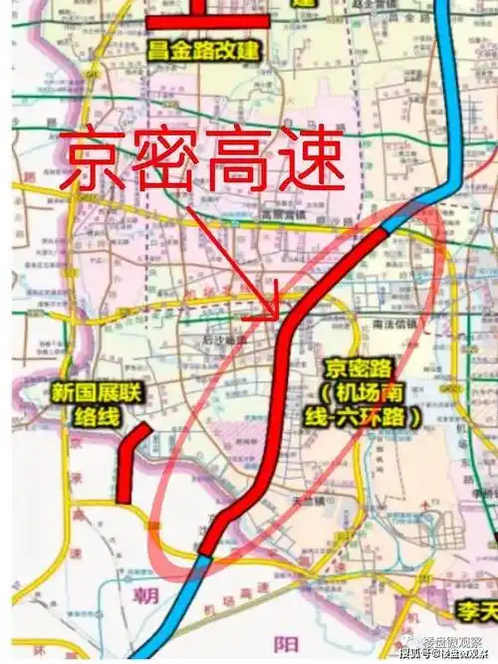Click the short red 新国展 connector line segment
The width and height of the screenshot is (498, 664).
[x=129, y=464]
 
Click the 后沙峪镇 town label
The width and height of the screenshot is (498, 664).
[x=225, y=338]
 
